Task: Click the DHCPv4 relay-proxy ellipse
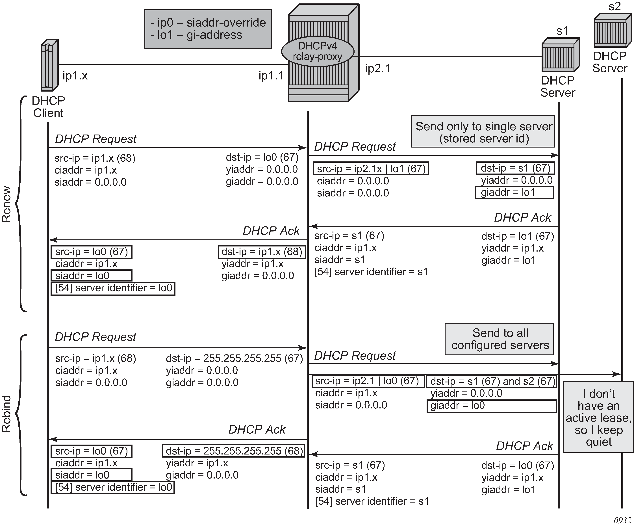click(317, 51)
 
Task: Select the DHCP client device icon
click(49, 65)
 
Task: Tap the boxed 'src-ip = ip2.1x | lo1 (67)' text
click(371, 168)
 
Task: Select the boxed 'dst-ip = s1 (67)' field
click(515, 168)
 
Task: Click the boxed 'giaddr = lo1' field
click(514, 192)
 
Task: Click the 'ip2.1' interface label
click(377, 69)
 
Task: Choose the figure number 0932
click(622, 520)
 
